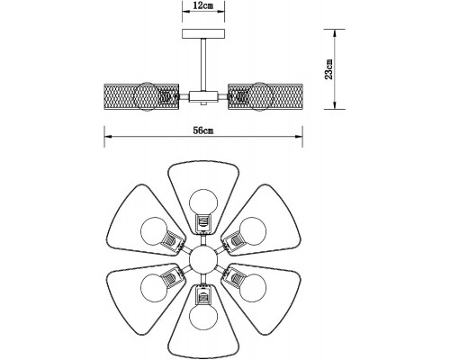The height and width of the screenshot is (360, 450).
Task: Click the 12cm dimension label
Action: pyautogui.click(x=203, y=5)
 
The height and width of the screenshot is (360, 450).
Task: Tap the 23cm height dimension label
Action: pyautogui.click(x=328, y=69)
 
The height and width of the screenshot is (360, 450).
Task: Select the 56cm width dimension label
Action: pyautogui.click(x=203, y=130)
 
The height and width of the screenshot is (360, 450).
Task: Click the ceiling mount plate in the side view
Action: pyautogui.click(x=203, y=33)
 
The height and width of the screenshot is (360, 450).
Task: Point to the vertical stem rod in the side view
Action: pyautogui.click(x=203, y=65)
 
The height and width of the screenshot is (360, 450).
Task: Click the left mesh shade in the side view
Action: pyautogui.click(x=141, y=97)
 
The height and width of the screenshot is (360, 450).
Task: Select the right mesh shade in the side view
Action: pyautogui.click(x=265, y=97)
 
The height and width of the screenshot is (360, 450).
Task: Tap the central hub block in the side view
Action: pyautogui.click(x=203, y=96)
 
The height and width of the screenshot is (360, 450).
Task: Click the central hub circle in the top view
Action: pyautogui.click(x=203, y=259)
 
